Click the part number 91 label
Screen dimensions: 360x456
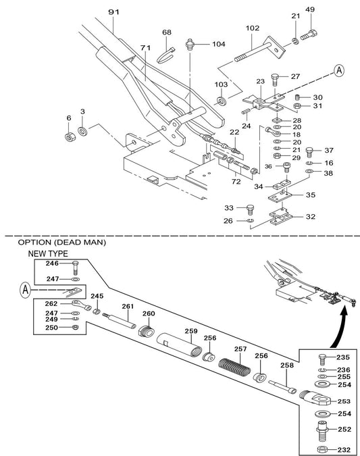(x=113, y=12)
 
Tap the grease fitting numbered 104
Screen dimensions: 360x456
(x=190, y=45)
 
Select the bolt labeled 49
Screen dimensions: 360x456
(x=309, y=35)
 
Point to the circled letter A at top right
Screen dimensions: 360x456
(x=339, y=71)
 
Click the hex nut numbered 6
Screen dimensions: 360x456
(x=69, y=136)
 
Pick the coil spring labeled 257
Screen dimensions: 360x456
(x=234, y=367)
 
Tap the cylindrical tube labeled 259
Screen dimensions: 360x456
(x=180, y=345)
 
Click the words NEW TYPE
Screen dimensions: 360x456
(x=48, y=254)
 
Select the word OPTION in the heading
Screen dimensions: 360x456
(x=34, y=243)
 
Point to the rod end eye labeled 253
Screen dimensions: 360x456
(x=316, y=398)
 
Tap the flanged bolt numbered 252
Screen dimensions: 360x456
(x=322, y=432)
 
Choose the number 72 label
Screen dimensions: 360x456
(x=236, y=182)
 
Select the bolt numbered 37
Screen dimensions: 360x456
(x=310, y=152)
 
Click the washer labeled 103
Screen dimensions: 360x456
(x=222, y=101)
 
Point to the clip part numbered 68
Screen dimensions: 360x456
(x=165, y=56)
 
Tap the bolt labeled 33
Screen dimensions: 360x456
(x=250, y=209)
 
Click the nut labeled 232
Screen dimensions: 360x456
(x=322, y=450)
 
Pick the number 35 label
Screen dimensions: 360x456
(x=311, y=195)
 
